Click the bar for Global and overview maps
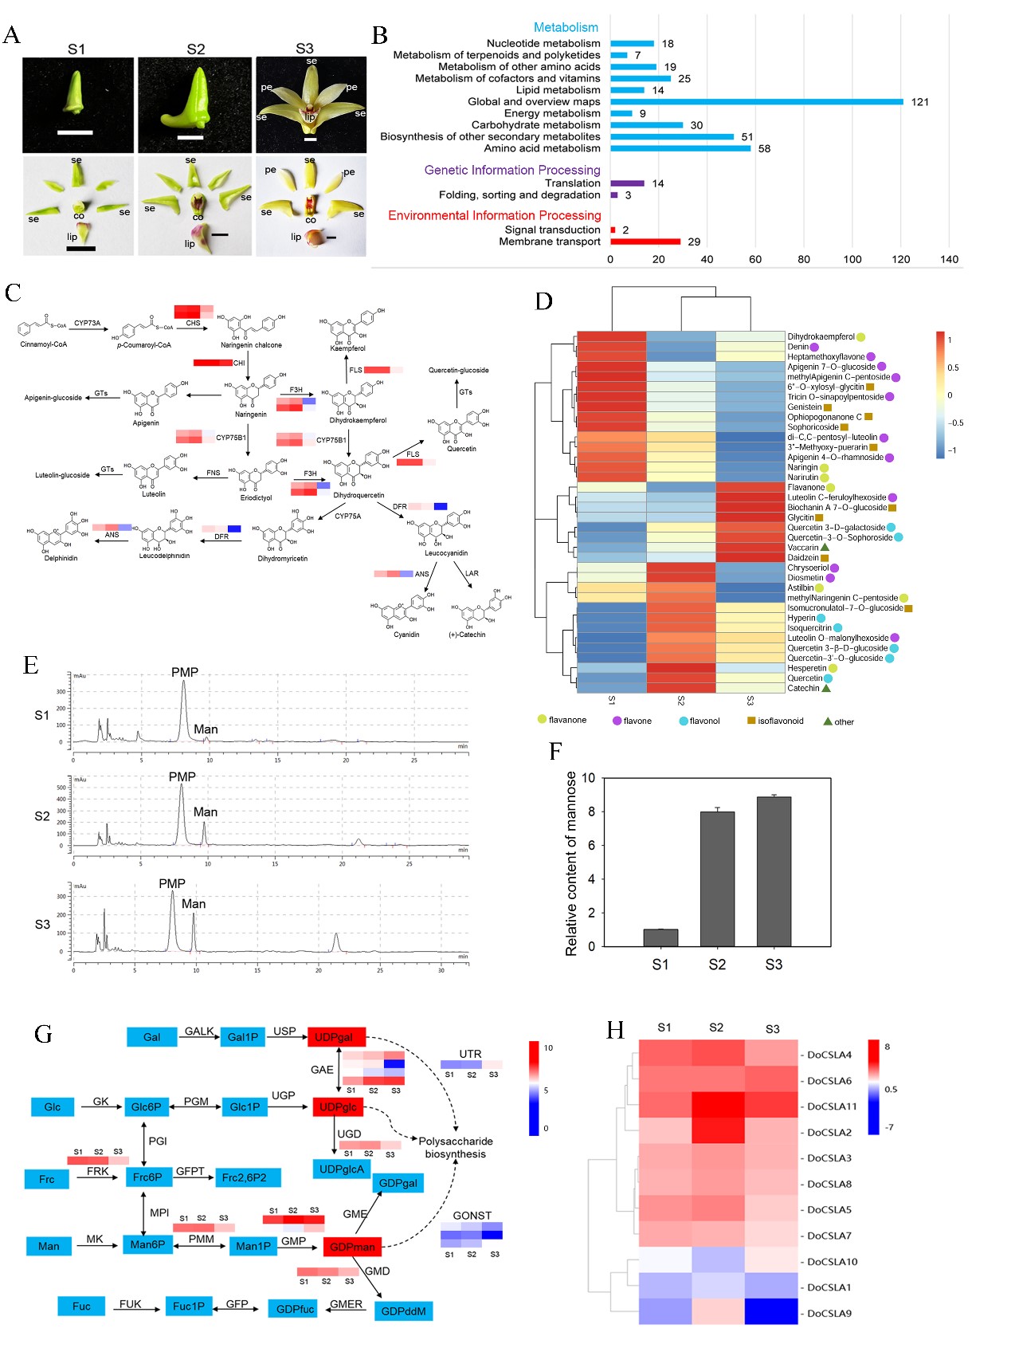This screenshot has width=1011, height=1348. [757, 101]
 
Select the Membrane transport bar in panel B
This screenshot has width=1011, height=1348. [645, 242]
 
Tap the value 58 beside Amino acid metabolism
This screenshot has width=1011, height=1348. [764, 149]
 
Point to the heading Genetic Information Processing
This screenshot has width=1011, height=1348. [512, 170]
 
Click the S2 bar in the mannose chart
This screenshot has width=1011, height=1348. [717, 878]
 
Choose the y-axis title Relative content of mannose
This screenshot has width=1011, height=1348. [570, 863]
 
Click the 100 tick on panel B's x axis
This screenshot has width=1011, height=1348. [852, 259]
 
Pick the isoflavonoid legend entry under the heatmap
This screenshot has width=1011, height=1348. [775, 721]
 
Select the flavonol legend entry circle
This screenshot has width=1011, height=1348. [684, 721]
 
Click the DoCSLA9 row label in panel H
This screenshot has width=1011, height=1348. [829, 1313]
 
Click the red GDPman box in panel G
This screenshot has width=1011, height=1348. [352, 1247]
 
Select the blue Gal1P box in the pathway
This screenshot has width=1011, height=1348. [243, 1037]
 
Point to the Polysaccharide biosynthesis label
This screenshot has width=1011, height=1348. [455, 1147]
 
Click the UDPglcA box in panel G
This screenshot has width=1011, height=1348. [342, 1169]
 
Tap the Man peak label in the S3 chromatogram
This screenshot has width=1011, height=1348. [194, 904]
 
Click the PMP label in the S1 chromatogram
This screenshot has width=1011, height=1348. [185, 673]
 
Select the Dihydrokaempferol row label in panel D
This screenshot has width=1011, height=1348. [821, 337]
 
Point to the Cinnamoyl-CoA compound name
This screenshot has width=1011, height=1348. [44, 344]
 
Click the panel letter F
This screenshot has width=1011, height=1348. [556, 751]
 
